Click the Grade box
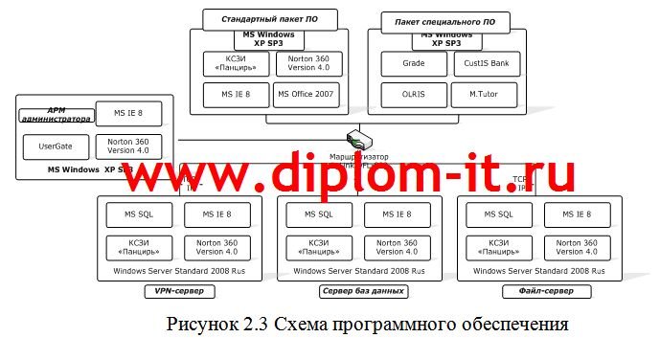click(415, 65)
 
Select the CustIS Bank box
click(486, 65)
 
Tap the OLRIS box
click(415, 96)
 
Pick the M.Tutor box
click(486, 96)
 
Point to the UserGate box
click(56, 147)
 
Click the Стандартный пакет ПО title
click(260, 18)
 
